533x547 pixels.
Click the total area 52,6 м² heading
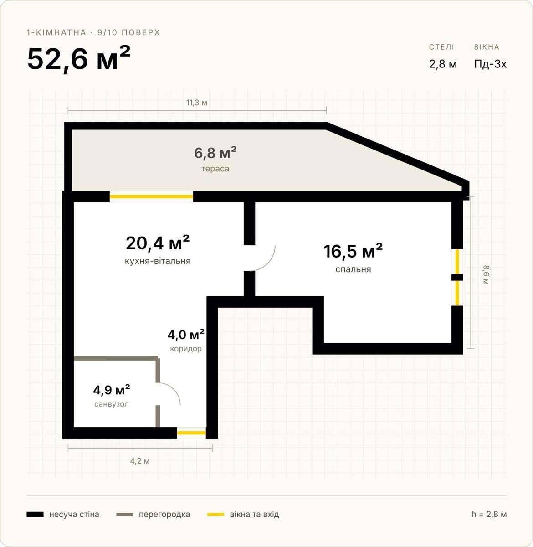pos(79,59)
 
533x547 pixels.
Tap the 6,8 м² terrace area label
pos(215,153)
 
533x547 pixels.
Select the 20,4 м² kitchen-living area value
pos(158,243)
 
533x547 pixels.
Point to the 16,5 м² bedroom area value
pos(353,251)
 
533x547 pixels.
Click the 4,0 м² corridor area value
pos(186,335)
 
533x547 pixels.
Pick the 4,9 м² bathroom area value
pos(112,390)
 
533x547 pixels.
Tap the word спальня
pos(353,269)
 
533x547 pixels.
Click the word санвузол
pos(112,404)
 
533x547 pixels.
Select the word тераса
pos(215,169)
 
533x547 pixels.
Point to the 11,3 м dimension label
pos(197,103)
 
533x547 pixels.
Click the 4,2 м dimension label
pos(140,461)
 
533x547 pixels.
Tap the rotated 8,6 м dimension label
pos(486,274)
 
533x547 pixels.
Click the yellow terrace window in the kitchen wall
pos(151,196)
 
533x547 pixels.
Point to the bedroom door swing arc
pos(269,263)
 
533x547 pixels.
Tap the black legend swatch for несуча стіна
pos(35,514)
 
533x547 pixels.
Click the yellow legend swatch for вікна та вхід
pos(216,514)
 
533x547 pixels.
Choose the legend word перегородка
pos(164,514)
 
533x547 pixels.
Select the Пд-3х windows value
pos(490,64)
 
